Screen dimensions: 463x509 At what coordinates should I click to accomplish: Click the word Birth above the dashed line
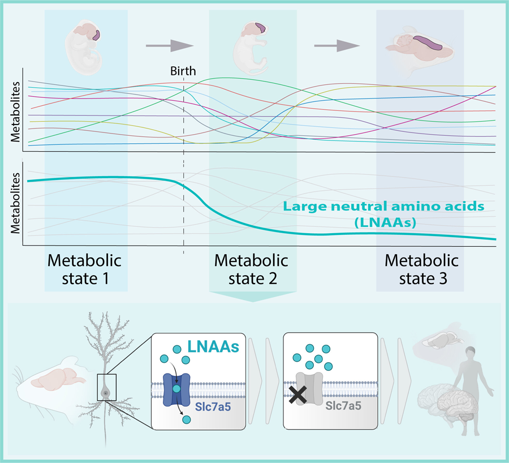[x=183, y=71]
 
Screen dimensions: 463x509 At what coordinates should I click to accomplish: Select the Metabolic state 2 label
[x=251, y=270]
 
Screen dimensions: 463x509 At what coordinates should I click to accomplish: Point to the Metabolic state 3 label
[x=421, y=270]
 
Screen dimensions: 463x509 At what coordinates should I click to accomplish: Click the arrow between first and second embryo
[x=170, y=44]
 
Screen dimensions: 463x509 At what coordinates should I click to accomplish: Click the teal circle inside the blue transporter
[x=176, y=389]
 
